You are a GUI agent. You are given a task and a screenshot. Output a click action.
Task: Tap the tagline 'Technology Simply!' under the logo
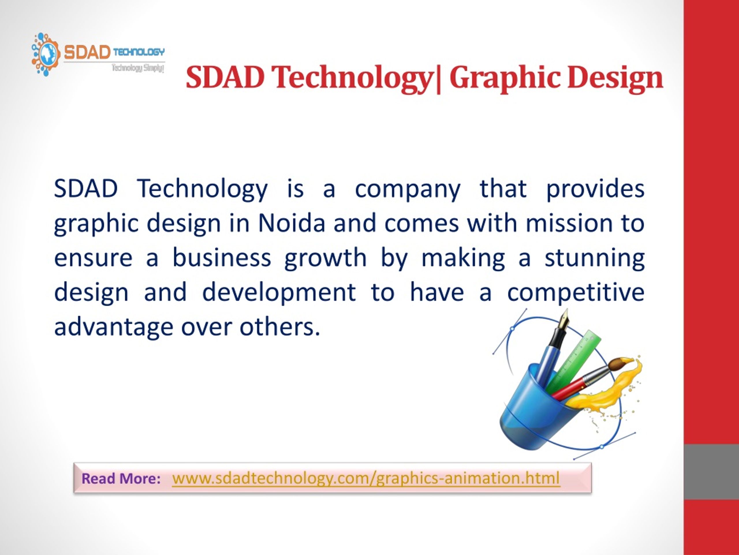coord(138,68)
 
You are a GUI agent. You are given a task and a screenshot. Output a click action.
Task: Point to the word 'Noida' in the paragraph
coord(292,223)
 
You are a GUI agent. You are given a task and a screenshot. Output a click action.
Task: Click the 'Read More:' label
coord(121,479)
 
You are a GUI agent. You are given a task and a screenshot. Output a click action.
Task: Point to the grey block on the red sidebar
coord(711,472)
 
